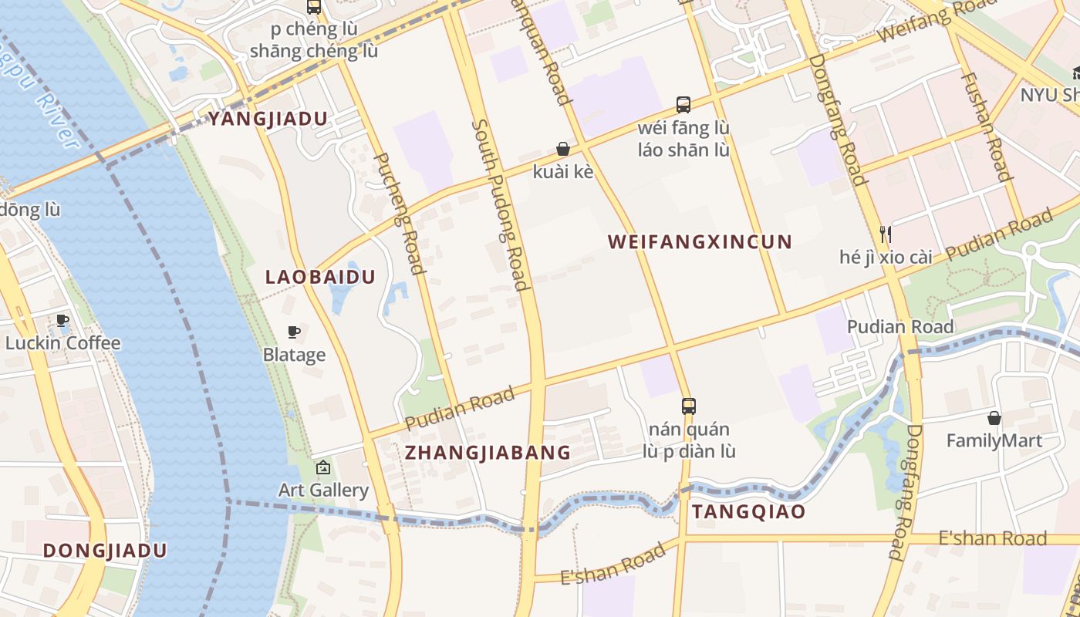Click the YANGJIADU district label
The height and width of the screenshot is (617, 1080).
[x=268, y=119]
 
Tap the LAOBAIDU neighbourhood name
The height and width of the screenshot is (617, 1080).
[x=320, y=277]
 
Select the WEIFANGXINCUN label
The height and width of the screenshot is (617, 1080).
[x=700, y=241]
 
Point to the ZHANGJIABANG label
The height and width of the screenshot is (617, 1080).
[x=488, y=452]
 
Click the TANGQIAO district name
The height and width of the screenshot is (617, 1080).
[x=748, y=511]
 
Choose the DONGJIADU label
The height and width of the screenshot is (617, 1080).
[x=105, y=550]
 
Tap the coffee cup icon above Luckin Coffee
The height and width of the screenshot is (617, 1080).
[x=62, y=320]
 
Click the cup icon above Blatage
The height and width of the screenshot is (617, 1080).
[x=293, y=332]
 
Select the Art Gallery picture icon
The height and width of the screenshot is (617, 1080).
[x=323, y=467]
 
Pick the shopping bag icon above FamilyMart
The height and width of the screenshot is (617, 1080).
[x=994, y=418]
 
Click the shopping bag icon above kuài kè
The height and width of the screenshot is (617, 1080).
[x=563, y=149]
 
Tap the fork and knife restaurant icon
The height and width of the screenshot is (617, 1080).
[x=886, y=233]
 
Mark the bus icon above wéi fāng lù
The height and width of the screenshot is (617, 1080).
[x=683, y=104]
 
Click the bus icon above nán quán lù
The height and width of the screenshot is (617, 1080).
[x=688, y=406]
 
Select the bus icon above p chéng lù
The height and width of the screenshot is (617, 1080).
[x=314, y=7]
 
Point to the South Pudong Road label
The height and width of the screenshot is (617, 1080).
[x=501, y=204]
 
